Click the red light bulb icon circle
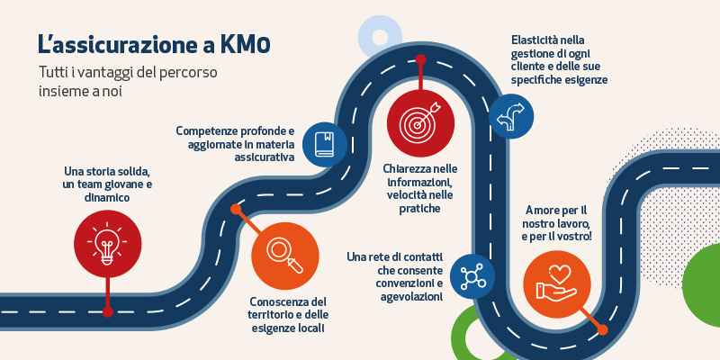[107, 244]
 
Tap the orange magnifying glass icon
[285, 256]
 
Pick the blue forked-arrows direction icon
[511, 117]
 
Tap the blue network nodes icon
[472, 276]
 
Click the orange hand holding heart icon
[557, 284]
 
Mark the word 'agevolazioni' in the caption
[411, 297]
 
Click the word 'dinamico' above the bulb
[107, 198]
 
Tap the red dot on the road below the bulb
[107, 312]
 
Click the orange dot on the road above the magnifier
[236, 210]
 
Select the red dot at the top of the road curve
[420, 60]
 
